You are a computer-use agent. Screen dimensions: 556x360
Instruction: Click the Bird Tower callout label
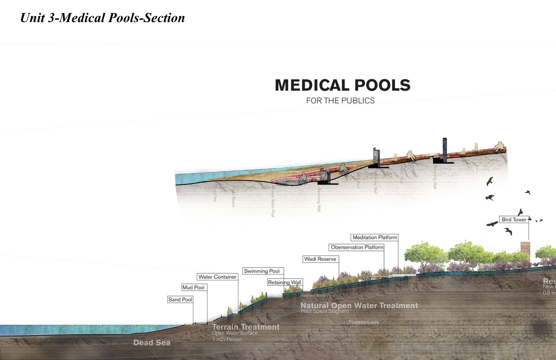(x=514, y=220)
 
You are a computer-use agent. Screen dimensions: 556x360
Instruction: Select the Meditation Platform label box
(x=375, y=237)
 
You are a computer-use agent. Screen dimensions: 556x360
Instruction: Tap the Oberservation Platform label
(x=357, y=247)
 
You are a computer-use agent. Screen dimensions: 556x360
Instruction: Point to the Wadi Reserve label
(x=320, y=259)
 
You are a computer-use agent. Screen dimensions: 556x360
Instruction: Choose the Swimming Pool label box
(x=262, y=271)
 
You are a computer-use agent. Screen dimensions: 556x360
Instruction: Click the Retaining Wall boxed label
(x=284, y=282)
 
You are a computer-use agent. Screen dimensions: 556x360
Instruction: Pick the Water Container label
(x=217, y=277)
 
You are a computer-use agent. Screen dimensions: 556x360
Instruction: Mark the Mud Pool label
(x=193, y=287)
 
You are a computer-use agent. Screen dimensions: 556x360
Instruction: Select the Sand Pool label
(x=180, y=299)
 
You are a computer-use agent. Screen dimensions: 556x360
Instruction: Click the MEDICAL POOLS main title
(x=342, y=85)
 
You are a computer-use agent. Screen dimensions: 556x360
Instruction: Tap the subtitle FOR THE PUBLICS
(x=340, y=101)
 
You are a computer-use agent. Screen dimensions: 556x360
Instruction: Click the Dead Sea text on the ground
(x=152, y=343)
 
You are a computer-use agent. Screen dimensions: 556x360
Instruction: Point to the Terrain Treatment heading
(x=246, y=327)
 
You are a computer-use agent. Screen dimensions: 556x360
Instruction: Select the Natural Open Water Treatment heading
(x=359, y=305)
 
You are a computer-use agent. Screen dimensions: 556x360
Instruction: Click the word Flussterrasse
(x=364, y=322)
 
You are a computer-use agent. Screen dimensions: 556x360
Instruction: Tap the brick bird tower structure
(x=525, y=252)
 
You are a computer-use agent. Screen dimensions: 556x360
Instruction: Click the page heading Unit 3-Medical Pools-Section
(x=103, y=18)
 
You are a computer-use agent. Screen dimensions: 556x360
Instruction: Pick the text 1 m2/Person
(x=227, y=339)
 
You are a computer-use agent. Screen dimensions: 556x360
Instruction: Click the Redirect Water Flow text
(x=318, y=296)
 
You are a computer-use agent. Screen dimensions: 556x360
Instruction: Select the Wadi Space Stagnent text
(x=325, y=311)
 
